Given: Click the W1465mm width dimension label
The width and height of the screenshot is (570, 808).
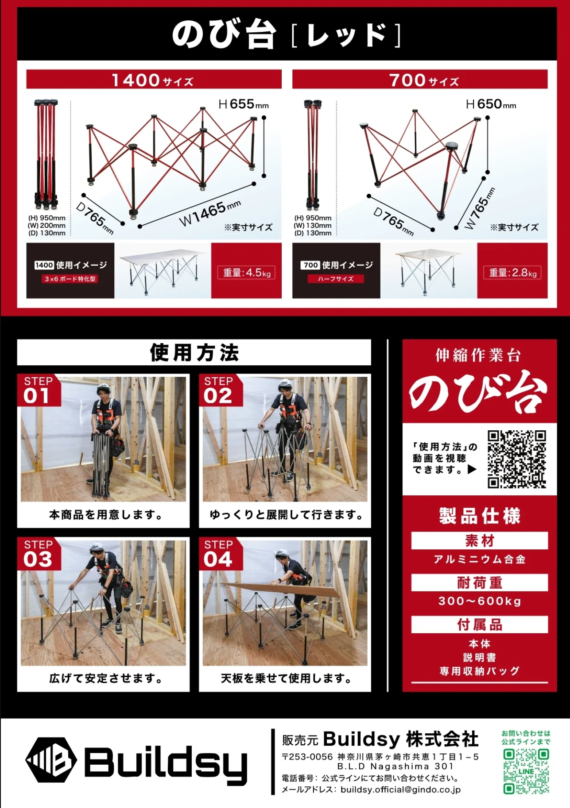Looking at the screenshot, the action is pyautogui.click(x=210, y=213).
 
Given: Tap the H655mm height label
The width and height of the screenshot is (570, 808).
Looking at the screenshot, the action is pyautogui.click(x=244, y=104).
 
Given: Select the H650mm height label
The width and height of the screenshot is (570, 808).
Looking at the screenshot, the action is pyautogui.click(x=491, y=104).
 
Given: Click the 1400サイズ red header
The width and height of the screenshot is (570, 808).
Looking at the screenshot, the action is pyautogui.click(x=154, y=80).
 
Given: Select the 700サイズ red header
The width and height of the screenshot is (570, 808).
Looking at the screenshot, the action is pyautogui.click(x=420, y=80).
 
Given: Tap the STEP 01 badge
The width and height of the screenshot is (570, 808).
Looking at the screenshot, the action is pyautogui.click(x=39, y=390).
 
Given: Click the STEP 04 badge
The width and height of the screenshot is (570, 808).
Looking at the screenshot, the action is pyautogui.click(x=220, y=554).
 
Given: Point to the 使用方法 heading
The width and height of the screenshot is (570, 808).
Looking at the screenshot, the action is pyautogui.click(x=194, y=352).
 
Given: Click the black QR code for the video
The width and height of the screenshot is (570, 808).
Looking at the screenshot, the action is pyautogui.click(x=516, y=459).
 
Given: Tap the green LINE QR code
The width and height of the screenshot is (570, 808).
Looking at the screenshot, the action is pyautogui.click(x=526, y=771).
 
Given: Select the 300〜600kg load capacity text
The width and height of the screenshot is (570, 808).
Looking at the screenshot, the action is pyautogui.click(x=480, y=601).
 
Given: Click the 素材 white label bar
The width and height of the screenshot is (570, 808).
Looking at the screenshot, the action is pyautogui.click(x=480, y=540).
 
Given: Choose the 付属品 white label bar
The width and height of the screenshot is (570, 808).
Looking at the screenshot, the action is pyautogui.click(x=480, y=624).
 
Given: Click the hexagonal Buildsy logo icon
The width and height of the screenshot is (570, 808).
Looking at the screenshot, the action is pyautogui.click(x=51, y=760).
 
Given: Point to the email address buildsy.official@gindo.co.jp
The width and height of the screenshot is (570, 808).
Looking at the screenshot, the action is pyautogui.click(x=401, y=789).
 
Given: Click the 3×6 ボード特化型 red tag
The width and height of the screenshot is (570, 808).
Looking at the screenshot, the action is pyautogui.click(x=70, y=279).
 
